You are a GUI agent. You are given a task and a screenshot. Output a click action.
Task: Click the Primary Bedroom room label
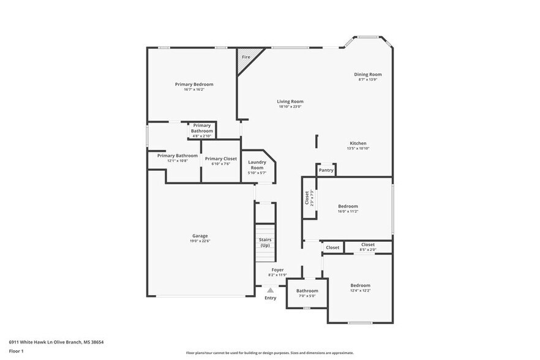[194, 84]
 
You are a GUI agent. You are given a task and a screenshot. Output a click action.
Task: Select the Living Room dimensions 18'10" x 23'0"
[290, 107]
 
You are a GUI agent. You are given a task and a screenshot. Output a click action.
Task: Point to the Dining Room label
[367, 74]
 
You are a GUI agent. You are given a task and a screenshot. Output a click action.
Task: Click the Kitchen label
[358, 143]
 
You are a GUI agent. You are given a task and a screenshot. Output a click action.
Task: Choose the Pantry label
[326, 170]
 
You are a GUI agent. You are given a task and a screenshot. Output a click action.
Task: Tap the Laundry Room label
[257, 165]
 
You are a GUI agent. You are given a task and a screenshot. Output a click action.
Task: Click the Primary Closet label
[220, 159]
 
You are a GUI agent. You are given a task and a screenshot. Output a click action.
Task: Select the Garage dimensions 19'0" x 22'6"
[200, 241]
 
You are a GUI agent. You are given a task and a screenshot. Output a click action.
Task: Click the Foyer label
[277, 269]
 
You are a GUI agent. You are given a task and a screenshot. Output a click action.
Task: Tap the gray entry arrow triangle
[270, 290]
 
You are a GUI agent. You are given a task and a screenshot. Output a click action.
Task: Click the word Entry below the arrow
[270, 298]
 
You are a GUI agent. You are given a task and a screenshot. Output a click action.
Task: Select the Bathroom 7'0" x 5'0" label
[307, 291]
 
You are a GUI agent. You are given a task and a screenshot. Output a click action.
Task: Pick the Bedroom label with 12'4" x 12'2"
[360, 285]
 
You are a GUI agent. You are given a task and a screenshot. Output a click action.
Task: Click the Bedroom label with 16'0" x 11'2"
[348, 206]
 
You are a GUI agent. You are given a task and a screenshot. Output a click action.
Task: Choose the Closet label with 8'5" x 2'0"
[367, 244]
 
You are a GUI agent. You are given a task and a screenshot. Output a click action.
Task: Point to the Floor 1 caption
[16, 351]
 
